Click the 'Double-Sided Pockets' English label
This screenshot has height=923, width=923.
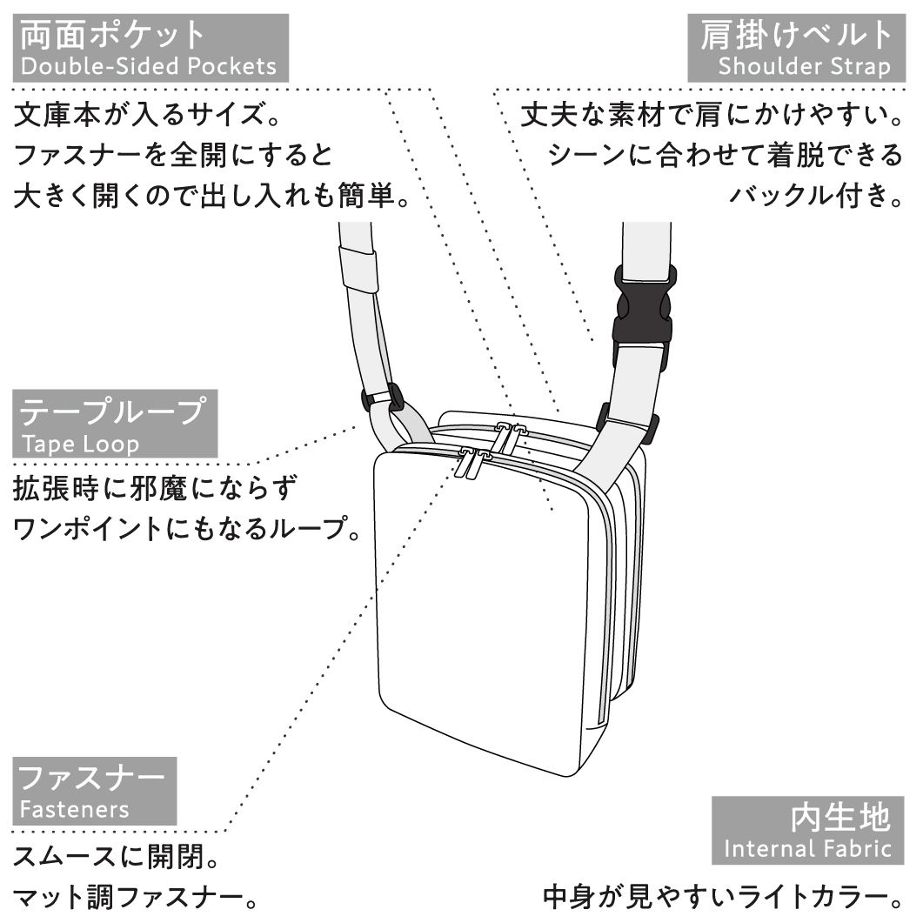(x=149, y=66)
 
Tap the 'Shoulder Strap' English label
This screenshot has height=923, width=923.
(x=804, y=66)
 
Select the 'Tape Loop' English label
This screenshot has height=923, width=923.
(x=80, y=444)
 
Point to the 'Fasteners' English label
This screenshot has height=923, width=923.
(x=74, y=809)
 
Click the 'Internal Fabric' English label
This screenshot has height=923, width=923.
(x=807, y=849)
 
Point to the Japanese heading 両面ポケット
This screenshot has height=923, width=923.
(x=112, y=35)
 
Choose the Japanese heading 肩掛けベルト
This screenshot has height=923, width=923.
(x=797, y=35)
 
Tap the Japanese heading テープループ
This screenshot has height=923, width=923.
(x=113, y=411)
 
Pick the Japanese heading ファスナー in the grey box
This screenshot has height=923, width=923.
(x=91, y=778)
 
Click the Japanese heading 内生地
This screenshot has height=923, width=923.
(x=840, y=817)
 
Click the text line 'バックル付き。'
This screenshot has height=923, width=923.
(x=817, y=195)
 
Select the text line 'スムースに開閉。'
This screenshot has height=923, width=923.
(x=117, y=857)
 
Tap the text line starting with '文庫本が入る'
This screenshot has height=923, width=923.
(x=147, y=114)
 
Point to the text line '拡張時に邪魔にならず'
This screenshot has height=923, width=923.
(x=155, y=488)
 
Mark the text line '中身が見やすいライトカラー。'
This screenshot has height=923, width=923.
(x=723, y=897)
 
